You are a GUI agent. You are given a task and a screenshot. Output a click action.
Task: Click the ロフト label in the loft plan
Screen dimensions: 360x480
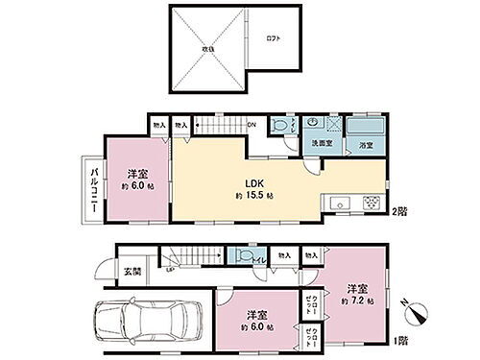click(x=273, y=39)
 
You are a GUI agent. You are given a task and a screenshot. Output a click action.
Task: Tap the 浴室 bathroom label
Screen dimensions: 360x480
click(x=366, y=143)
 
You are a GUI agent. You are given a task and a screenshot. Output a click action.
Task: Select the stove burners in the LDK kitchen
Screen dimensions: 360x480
click(x=369, y=202)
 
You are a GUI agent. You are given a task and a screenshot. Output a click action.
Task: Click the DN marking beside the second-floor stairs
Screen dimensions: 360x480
click(x=252, y=125)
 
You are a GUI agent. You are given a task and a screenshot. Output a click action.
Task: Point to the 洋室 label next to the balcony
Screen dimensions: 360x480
click(x=136, y=174)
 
